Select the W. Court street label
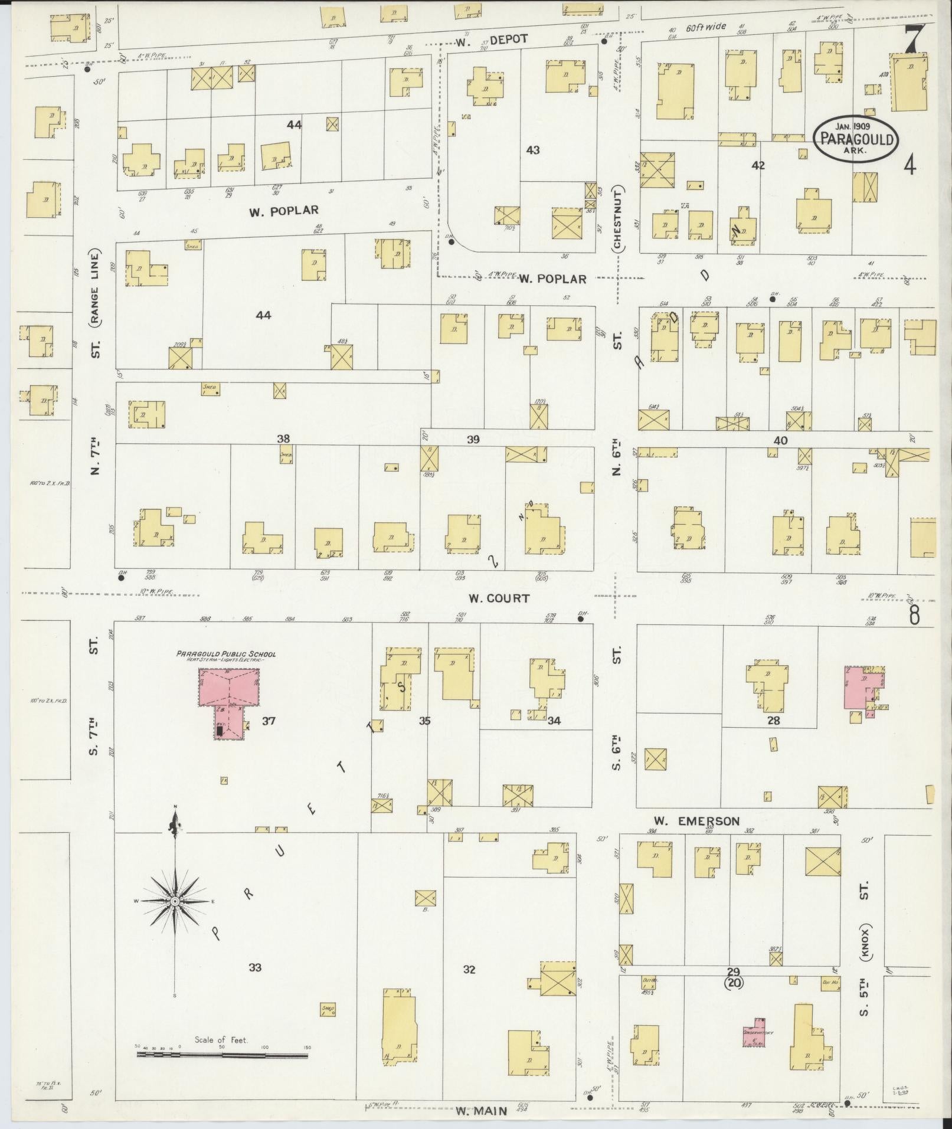coord(499,598)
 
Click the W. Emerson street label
coord(696,821)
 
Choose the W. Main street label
coord(481,1111)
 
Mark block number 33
coord(255,967)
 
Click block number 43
coord(532,150)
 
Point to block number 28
coord(773,721)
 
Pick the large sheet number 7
coord(914,40)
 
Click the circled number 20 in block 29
coord(734,983)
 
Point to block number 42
coord(758,166)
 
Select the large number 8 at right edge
coord(914,616)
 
